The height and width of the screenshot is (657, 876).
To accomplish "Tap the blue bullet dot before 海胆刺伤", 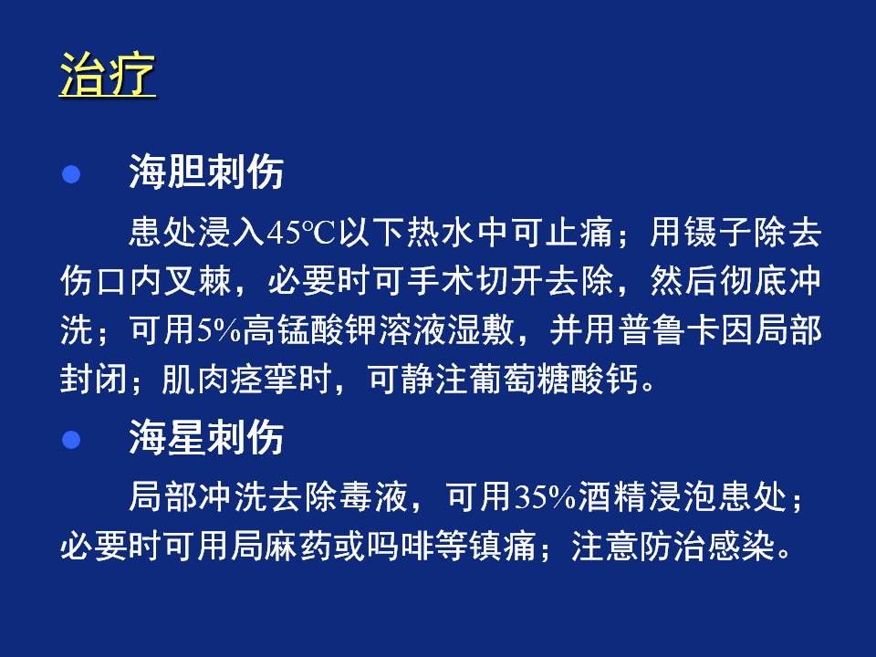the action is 71,173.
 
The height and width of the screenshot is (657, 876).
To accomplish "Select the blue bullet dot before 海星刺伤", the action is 71,439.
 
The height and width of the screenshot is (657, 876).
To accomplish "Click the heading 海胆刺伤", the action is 206,172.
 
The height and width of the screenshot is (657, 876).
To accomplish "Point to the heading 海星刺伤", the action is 206,437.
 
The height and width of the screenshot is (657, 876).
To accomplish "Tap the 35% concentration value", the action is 545,496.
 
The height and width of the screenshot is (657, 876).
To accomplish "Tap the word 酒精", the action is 612,496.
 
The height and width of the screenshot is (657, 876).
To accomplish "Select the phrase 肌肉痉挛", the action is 230,379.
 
